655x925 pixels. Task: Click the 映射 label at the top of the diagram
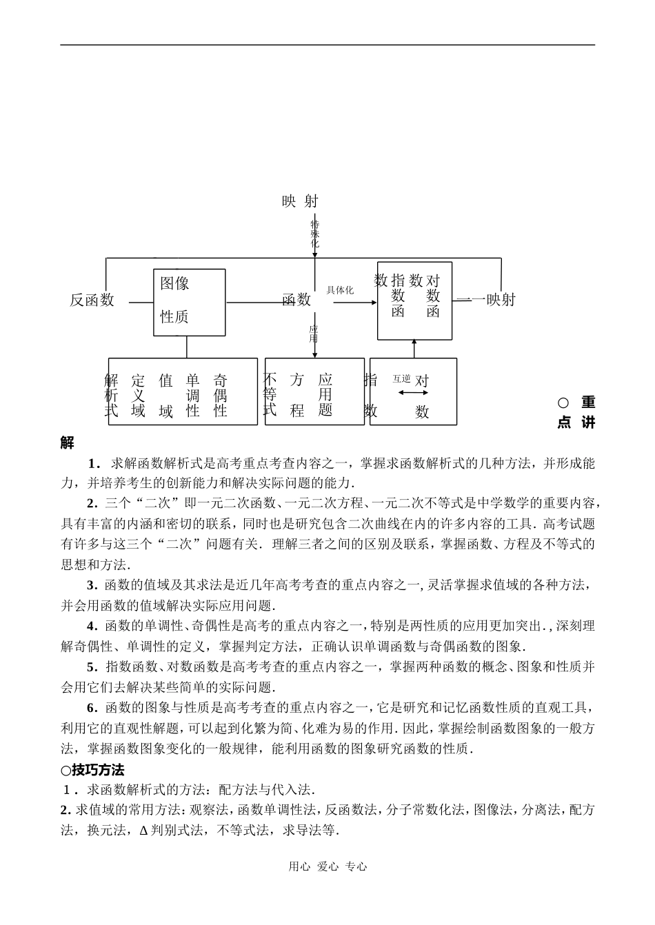tap(300, 201)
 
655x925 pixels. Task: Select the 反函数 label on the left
tap(92, 300)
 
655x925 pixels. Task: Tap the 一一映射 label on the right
tap(486, 300)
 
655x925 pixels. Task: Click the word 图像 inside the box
tap(174, 283)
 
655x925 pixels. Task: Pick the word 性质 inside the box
tap(174, 317)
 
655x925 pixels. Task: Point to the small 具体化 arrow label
tap(340, 290)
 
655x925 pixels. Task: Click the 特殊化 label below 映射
tap(314, 234)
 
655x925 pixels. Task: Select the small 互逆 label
tap(401, 378)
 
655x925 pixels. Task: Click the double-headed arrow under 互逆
tap(413, 393)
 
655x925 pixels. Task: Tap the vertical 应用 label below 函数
tap(314, 334)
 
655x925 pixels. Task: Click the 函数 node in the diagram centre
tap(296, 301)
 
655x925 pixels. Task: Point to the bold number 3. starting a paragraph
tap(92, 586)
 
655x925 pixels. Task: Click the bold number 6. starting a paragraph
tap(92, 707)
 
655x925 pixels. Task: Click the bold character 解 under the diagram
tap(67, 443)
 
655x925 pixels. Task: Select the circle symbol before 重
tap(563, 403)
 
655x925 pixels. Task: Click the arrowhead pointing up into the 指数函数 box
tap(414, 343)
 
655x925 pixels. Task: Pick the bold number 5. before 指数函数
tap(92, 667)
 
